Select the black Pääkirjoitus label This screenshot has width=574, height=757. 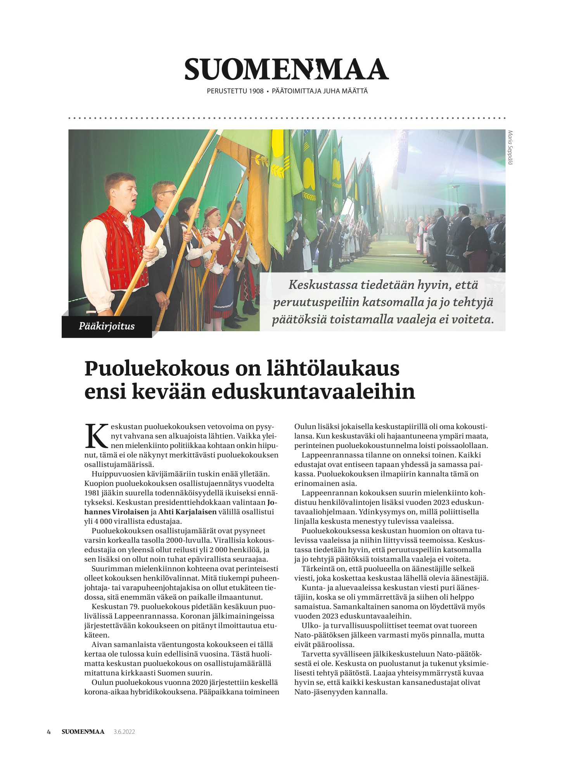point(107,326)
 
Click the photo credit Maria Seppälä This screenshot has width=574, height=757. point(510,147)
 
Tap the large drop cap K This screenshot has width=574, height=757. point(96,436)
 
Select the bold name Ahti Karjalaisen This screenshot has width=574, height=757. point(187,512)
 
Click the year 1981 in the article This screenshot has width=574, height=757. point(92,493)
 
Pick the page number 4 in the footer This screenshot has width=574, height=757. point(49,732)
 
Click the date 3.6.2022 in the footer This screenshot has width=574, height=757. point(124,732)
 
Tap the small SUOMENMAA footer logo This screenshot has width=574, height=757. point(83,732)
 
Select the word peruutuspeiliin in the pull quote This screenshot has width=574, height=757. point(316,302)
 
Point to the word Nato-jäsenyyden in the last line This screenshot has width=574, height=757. point(323,692)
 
